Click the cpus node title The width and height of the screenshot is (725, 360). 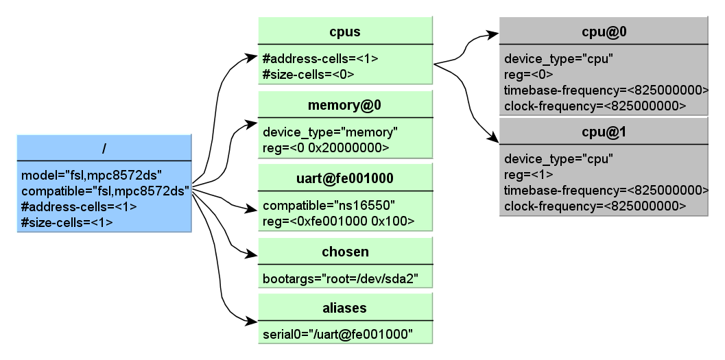345,32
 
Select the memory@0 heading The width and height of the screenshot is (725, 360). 344,106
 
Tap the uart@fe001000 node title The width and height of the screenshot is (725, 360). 345,178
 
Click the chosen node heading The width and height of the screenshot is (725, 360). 345,252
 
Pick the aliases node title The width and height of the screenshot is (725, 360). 345,308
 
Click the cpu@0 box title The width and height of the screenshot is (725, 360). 604,32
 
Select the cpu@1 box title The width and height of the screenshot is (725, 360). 604,132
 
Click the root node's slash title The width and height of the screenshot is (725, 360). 104,149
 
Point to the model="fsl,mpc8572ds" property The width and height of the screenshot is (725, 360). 91,176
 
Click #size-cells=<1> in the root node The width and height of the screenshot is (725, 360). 67,222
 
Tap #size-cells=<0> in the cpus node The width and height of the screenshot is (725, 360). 309,75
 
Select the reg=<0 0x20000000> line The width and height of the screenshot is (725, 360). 326,147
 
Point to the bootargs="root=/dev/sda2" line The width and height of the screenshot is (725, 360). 341,279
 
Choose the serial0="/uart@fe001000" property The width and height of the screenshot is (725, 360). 337,335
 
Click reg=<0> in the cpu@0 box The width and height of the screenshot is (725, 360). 529,75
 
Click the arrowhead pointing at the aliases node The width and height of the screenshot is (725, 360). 251,320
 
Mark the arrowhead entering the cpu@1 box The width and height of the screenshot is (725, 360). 493,137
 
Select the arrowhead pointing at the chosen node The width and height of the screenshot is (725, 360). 251,254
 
